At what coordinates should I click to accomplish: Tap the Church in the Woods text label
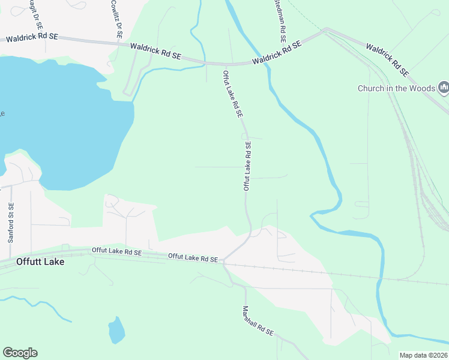click(396, 88)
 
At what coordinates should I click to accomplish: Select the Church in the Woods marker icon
click(444, 88)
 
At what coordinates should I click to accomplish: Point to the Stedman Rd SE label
click(279, 19)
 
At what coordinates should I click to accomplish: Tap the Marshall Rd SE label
click(258, 321)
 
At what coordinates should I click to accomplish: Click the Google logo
click(20, 353)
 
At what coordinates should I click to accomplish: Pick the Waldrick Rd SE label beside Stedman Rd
click(277, 53)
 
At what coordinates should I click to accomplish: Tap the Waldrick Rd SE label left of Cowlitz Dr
click(32, 38)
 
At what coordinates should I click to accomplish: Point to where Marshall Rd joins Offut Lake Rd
click(223, 262)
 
